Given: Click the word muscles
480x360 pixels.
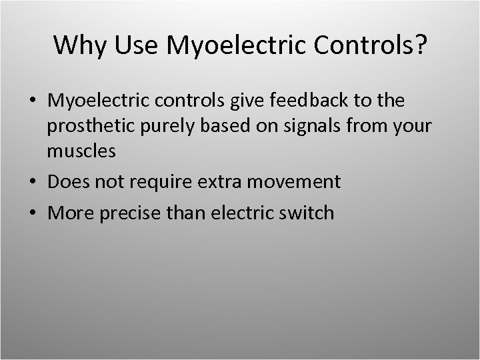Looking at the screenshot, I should click(81, 151).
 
